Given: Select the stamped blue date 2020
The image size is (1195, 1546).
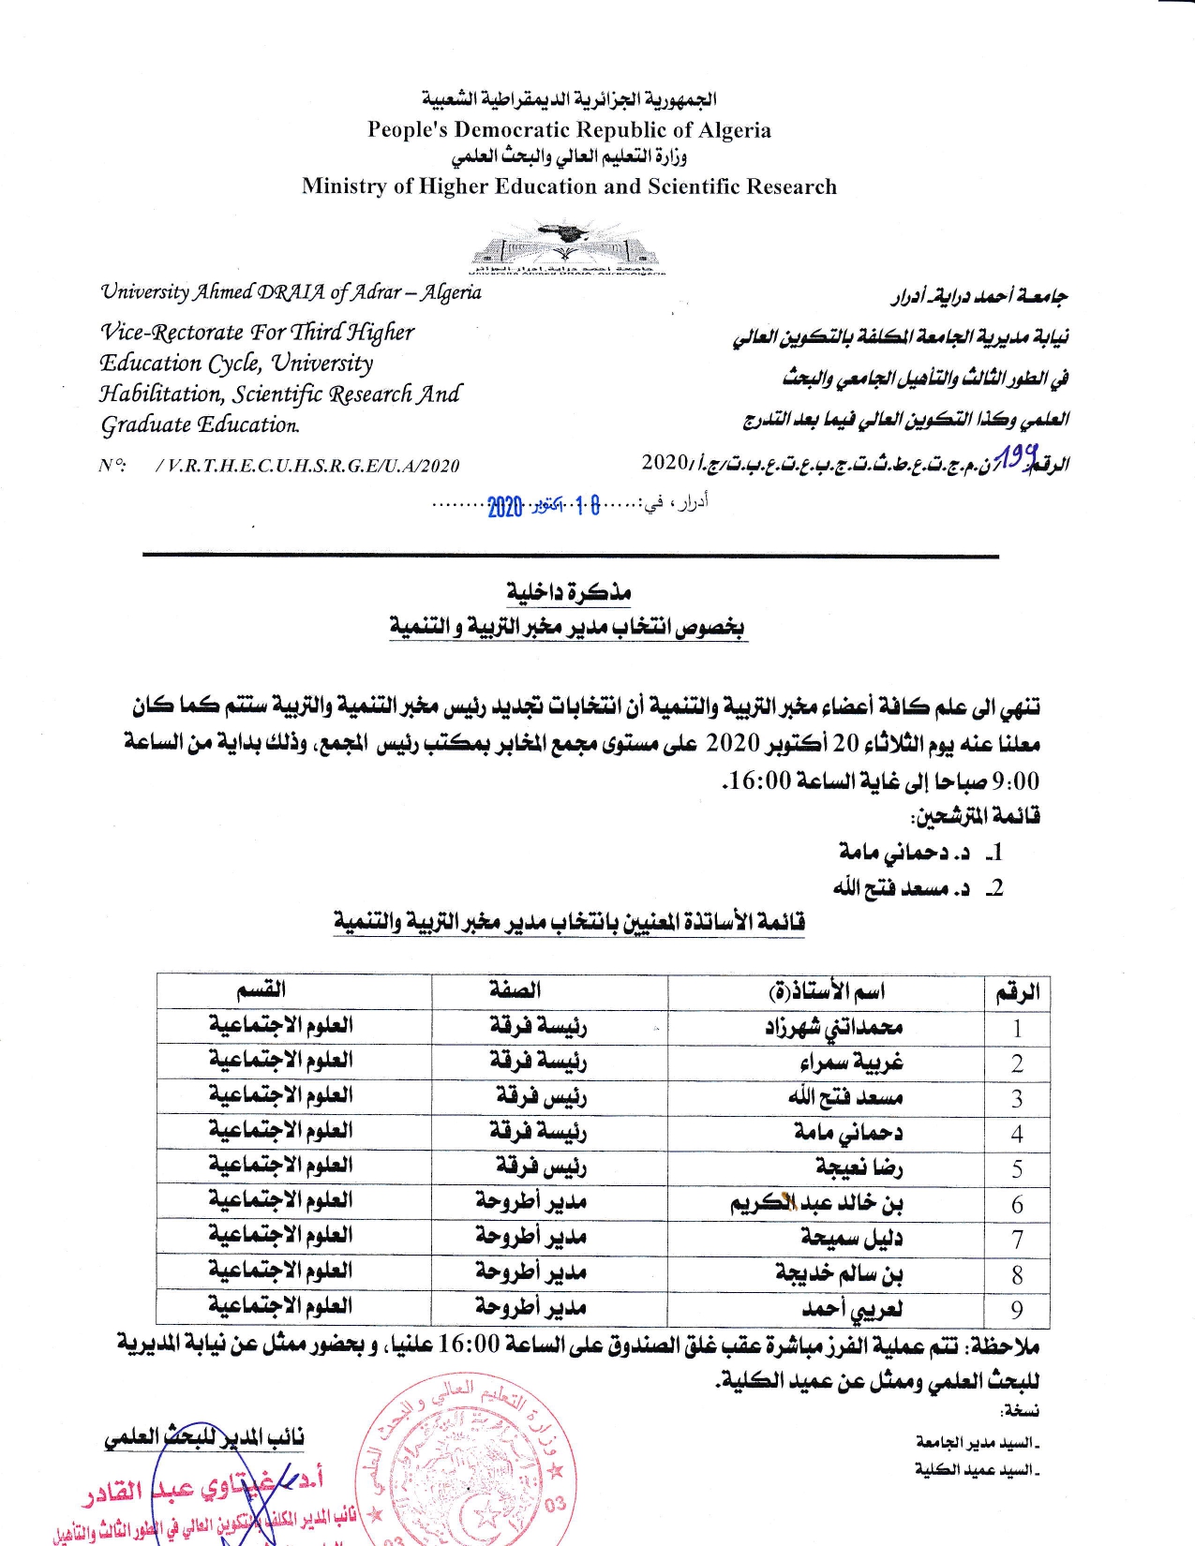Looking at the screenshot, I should click(x=504, y=507).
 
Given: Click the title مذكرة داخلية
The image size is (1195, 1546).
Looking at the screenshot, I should click(x=569, y=591).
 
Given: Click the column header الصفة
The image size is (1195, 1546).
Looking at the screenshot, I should click(x=515, y=990).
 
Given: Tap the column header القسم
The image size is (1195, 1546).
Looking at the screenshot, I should click(x=261, y=990).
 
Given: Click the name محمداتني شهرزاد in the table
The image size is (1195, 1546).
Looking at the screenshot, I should click(x=833, y=1027).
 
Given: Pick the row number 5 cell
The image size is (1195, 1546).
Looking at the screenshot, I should click(x=1017, y=1168).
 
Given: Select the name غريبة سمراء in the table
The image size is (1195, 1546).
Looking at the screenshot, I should click(x=851, y=1063).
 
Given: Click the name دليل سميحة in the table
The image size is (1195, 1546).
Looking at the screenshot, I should click(x=851, y=1239).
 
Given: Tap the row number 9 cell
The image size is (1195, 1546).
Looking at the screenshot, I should click(x=1017, y=1309).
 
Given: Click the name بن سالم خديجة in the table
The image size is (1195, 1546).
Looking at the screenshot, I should click(x=839, y=1274).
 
